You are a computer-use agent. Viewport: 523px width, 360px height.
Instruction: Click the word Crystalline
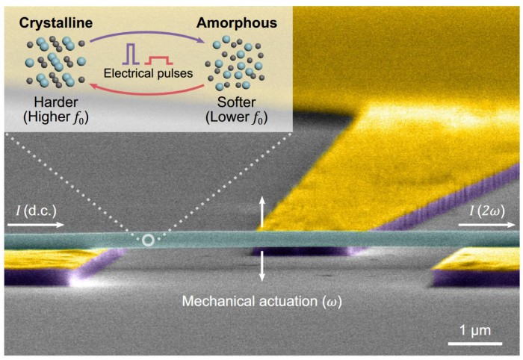coord(56,23)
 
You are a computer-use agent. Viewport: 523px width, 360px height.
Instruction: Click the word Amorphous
coord(237,23)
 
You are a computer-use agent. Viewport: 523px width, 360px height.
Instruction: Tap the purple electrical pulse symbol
coord(131,53)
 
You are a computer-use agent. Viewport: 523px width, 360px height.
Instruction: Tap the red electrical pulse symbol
coord(158,60)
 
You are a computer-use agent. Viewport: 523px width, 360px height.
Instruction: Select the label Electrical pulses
coord(149,73)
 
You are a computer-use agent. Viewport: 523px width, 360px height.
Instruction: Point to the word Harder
coord(56,102)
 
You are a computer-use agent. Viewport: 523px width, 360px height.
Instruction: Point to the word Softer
coord(237,102)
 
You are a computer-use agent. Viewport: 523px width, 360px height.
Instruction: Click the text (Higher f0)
coord(56,117)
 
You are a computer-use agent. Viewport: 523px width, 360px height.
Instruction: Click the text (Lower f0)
coord(237,117)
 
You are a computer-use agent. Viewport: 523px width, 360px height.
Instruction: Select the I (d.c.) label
coord(37,211)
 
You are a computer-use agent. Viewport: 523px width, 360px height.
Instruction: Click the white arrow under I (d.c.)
coord(36,225)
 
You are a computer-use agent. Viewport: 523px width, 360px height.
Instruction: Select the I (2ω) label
coord(487,211)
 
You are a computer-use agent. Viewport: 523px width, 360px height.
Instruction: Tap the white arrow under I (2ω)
coord(487,225)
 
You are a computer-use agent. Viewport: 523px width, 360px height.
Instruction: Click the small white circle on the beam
coord(148,240)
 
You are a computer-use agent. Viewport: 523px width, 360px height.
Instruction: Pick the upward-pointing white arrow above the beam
coord(262,212)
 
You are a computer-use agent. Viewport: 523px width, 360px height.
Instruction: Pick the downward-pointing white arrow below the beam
coord(262,266)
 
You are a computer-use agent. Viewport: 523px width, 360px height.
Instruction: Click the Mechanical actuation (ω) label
coord(262,301)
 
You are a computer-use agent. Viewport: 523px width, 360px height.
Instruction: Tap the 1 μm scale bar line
coord(475,343)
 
